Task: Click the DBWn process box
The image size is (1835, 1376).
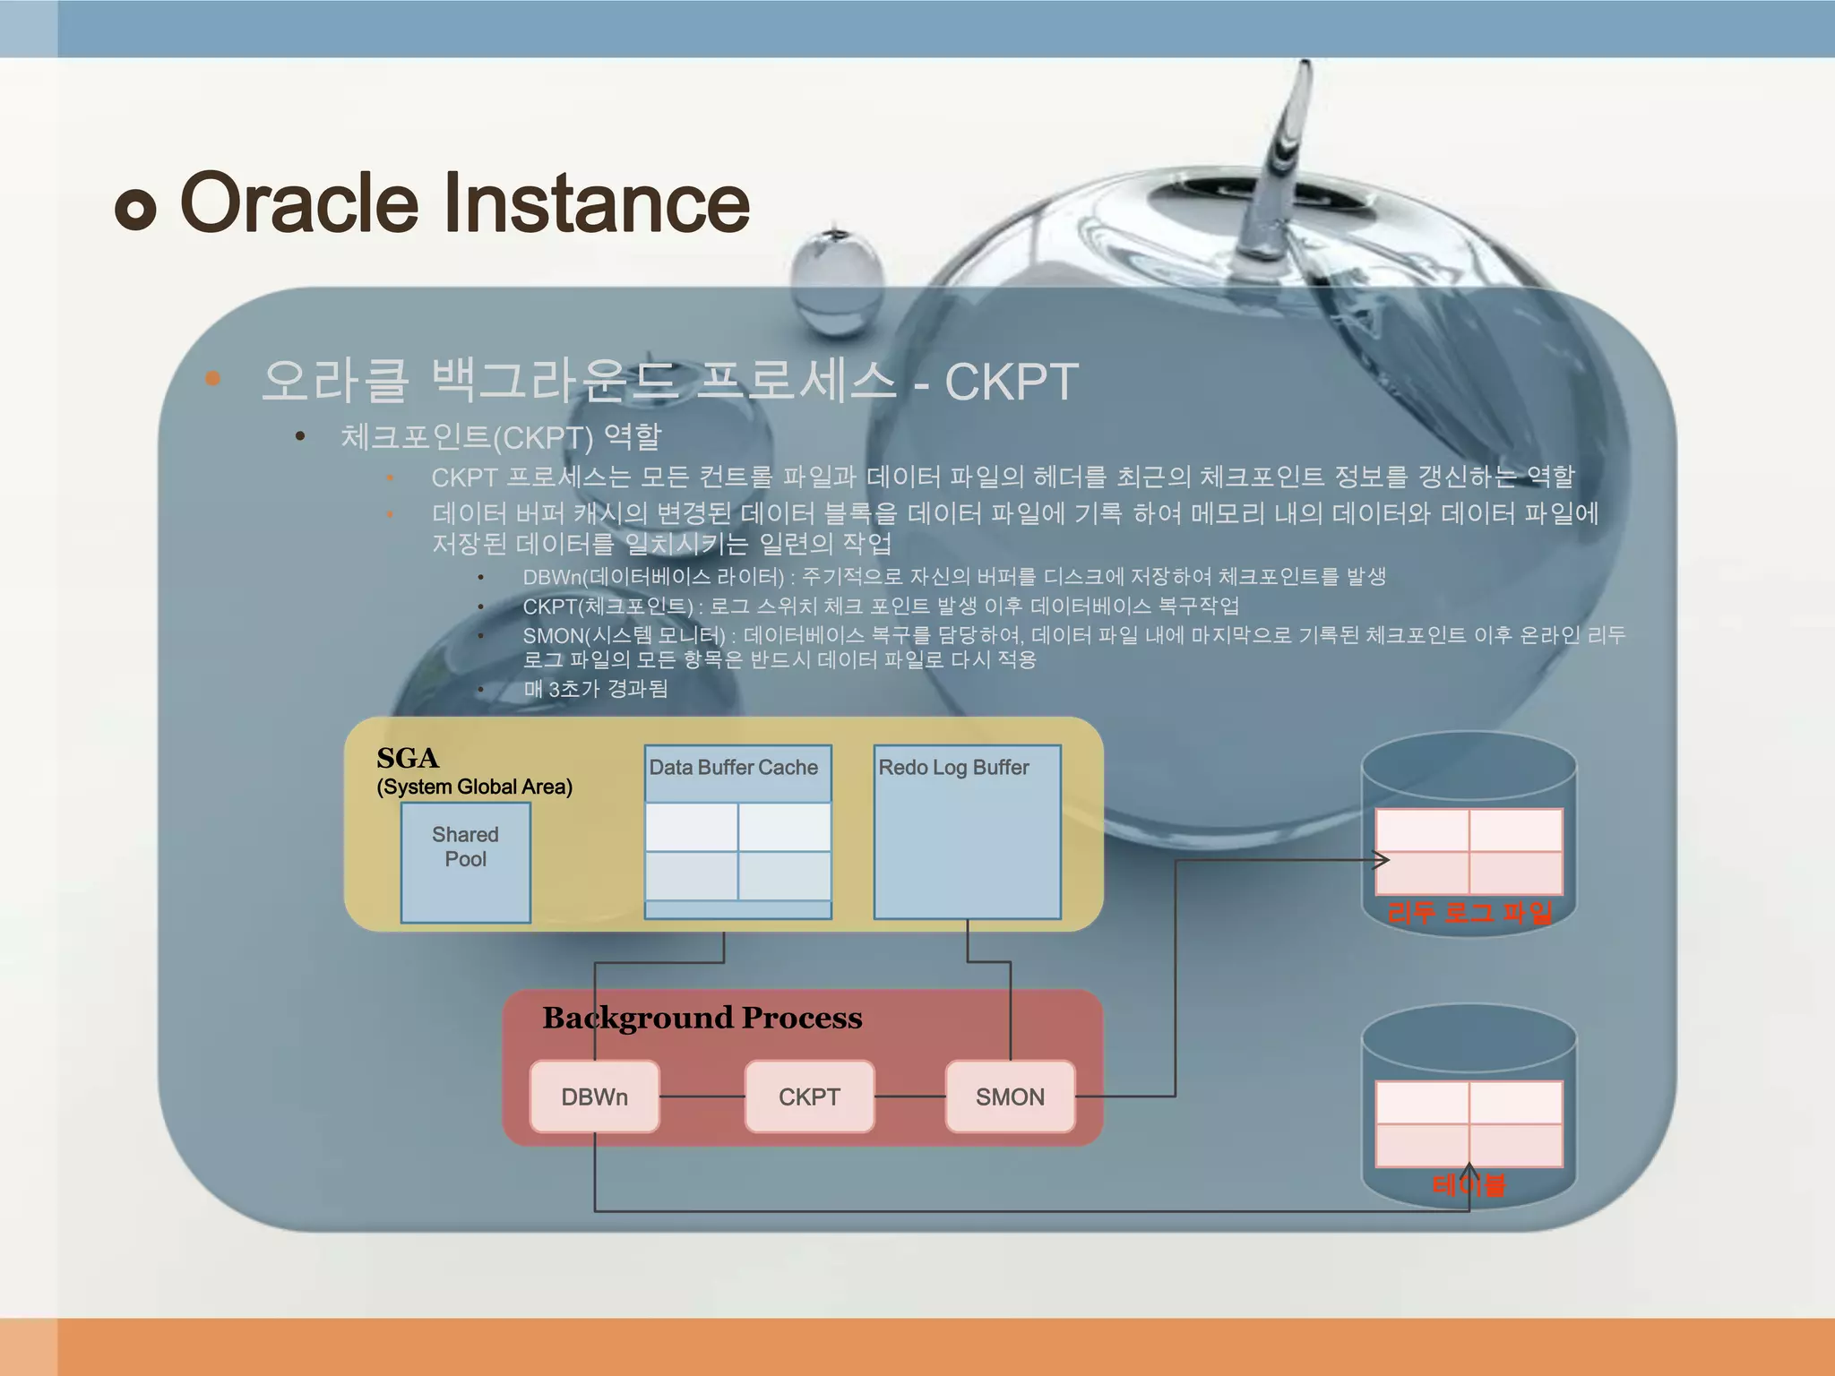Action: coord(594,1096)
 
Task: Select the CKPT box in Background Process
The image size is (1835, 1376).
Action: coord(809,1096)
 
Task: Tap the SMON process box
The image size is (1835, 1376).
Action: coord(1010,1096)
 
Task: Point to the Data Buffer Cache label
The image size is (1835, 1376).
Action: coord(733,768)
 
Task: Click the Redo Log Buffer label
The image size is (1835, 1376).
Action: coord(953,768)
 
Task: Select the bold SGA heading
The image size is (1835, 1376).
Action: coord(408,758)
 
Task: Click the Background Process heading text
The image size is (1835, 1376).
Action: coord(702,1018)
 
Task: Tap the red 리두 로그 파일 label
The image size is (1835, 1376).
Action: coord(1469,913)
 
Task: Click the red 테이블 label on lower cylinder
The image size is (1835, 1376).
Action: coord(1469,1185)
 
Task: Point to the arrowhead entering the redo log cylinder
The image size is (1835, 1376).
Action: coord(1383,860)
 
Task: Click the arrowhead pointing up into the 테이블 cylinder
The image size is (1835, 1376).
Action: coord(1469,1170)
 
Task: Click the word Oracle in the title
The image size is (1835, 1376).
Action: coord(299,203)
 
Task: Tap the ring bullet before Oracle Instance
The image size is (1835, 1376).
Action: coord(136,210)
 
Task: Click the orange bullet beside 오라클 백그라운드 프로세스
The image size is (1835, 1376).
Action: coord(212,378)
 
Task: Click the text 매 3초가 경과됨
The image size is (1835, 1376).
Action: coord(595,689)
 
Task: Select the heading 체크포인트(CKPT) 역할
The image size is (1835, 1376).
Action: coord(501,437)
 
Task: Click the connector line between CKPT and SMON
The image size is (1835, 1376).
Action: coord(909,1096)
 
